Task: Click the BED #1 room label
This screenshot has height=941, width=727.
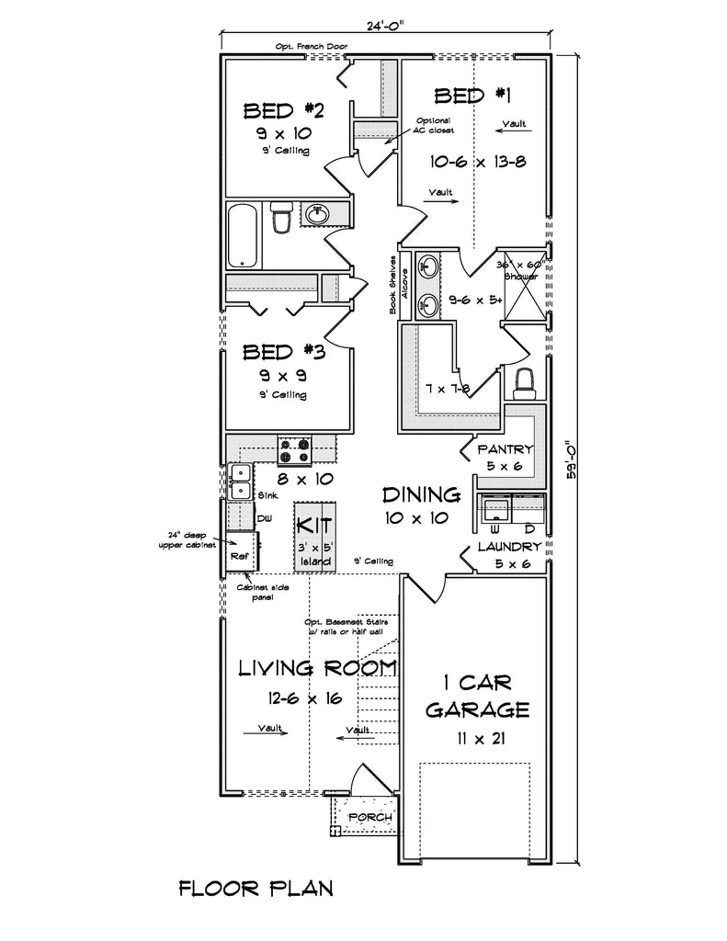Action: pos(472,95)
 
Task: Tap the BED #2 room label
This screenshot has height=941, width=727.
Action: pos(284,111)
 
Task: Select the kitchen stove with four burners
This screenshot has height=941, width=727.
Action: pos(295,449)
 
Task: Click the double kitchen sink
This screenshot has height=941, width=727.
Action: pos(240,482)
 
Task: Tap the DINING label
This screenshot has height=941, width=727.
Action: pos(420,495)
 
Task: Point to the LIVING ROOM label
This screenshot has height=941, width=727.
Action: pos(317,668)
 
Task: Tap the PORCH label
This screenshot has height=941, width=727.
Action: pos(371,817)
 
